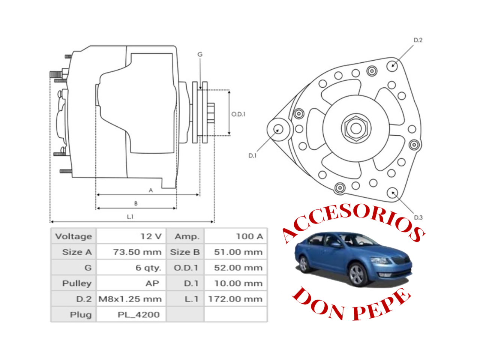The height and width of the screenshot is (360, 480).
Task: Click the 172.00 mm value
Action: point(235,299)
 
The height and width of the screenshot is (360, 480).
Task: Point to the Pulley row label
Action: point(76,283)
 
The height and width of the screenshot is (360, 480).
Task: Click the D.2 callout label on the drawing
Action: point(418,40)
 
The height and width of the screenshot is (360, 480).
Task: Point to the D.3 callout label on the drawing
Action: point(418,217)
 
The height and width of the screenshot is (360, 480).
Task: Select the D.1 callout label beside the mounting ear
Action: point(252,156)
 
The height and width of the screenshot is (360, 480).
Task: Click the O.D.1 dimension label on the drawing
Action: point(238,114)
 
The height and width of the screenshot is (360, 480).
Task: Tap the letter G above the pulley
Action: point(200,55)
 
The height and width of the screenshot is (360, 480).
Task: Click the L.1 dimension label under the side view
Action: point(130,217)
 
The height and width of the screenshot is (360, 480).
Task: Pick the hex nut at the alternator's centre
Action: point(356,128)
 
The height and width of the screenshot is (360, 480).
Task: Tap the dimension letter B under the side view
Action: point(136,204)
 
